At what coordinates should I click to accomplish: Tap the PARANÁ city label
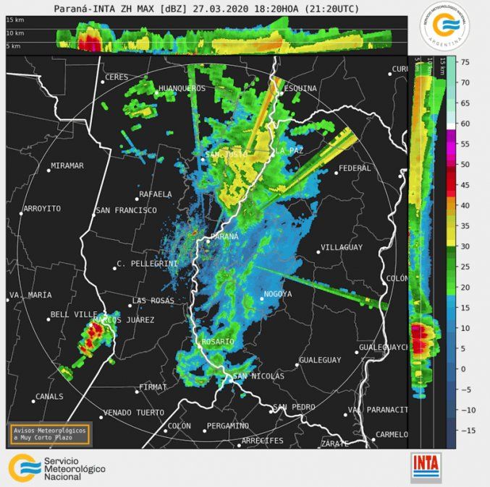pos(224,237)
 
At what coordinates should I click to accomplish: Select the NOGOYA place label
pos(278,294)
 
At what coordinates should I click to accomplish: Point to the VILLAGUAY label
pos(341,247)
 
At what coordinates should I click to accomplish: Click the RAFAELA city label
pos(156,194)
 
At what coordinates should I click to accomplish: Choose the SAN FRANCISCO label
pos(126,210)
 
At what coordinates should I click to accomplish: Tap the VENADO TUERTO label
pos(133,413)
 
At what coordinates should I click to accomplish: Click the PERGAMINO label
pos(228,426)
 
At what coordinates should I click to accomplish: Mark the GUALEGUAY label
pos(320,359)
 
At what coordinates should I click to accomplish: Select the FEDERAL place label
pos(355,168)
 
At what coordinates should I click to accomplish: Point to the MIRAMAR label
pos(67,165)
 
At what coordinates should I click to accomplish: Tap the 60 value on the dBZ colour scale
pos(466,124)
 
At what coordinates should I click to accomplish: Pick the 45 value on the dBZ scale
pos(466,185)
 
